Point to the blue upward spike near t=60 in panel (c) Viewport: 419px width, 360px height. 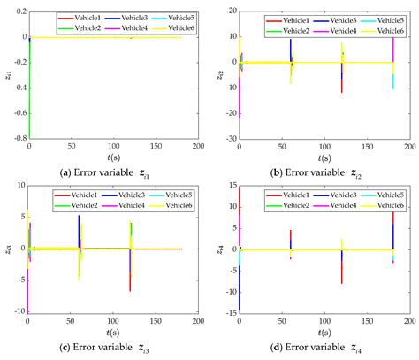pos(79,223)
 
